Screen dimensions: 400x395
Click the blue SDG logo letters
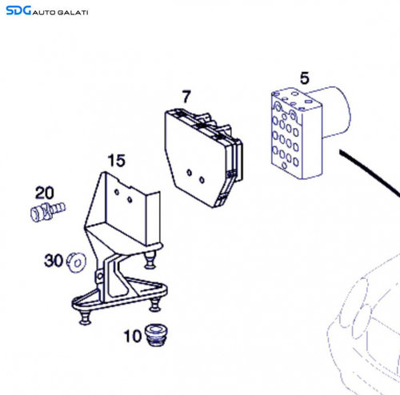point(18,10)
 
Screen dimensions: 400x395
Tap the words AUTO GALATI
point(60,13)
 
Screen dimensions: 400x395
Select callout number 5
point(305,78)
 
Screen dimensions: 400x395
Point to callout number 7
point(186,97)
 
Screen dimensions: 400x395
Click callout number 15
point(116,161)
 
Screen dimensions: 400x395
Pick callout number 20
point(45,193)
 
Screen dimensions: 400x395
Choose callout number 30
point(54,261)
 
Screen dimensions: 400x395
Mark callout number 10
point(133,336)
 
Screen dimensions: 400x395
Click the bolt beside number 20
point(48,212)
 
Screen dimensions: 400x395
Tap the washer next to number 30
point(76,262)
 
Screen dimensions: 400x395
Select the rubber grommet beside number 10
point(156,335)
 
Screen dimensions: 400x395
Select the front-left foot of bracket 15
point(85,318)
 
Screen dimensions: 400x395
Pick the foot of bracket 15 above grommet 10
point(155,305)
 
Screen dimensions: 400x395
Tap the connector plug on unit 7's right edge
point(238,162)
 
